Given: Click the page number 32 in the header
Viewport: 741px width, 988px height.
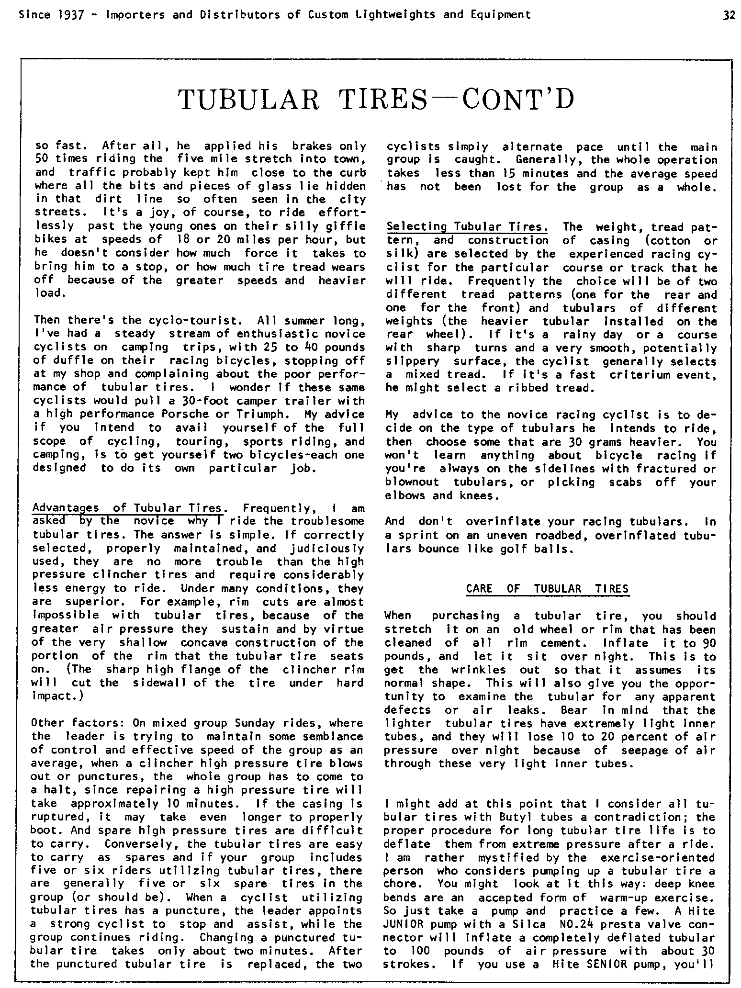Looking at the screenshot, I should pos(729,15).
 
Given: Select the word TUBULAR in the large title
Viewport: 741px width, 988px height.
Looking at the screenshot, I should pos(248,100).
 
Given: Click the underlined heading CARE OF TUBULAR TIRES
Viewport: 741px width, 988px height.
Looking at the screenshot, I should pos(547,589).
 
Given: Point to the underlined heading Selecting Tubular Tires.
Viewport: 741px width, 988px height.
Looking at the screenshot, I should pos(467,227).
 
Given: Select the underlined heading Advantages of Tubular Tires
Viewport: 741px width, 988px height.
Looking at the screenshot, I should pos(127,508).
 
